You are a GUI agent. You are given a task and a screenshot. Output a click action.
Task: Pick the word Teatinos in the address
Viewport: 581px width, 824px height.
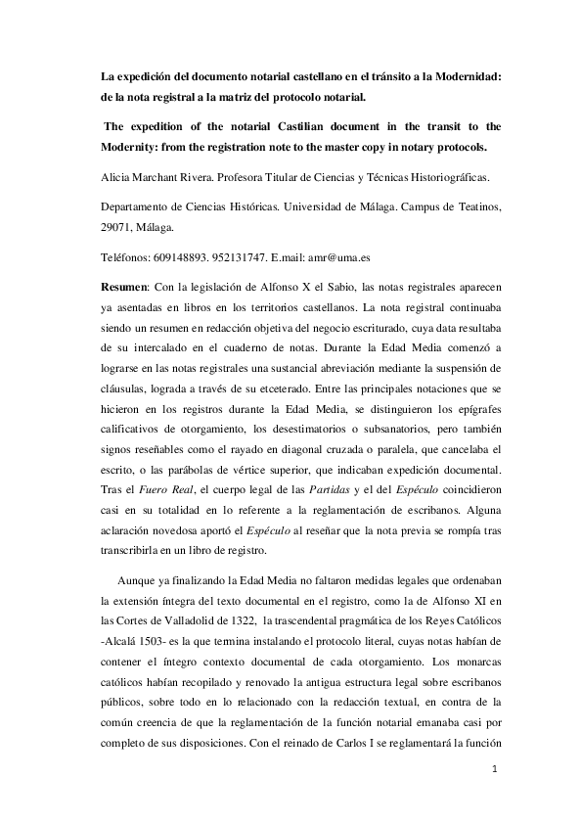click(x=474, y=206)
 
